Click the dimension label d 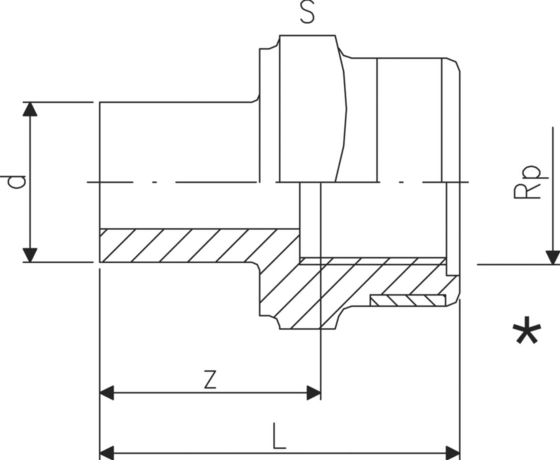(18, 182)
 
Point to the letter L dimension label (278, 436)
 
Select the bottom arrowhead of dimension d (31, 255)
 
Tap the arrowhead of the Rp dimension (552, 258)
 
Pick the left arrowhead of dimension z (106, 393)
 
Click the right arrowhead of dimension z (313, 393)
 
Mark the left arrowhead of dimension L (106, 452)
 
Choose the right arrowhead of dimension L (453, 452)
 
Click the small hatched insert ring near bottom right (408, 301)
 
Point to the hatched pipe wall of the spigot (194, 245)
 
